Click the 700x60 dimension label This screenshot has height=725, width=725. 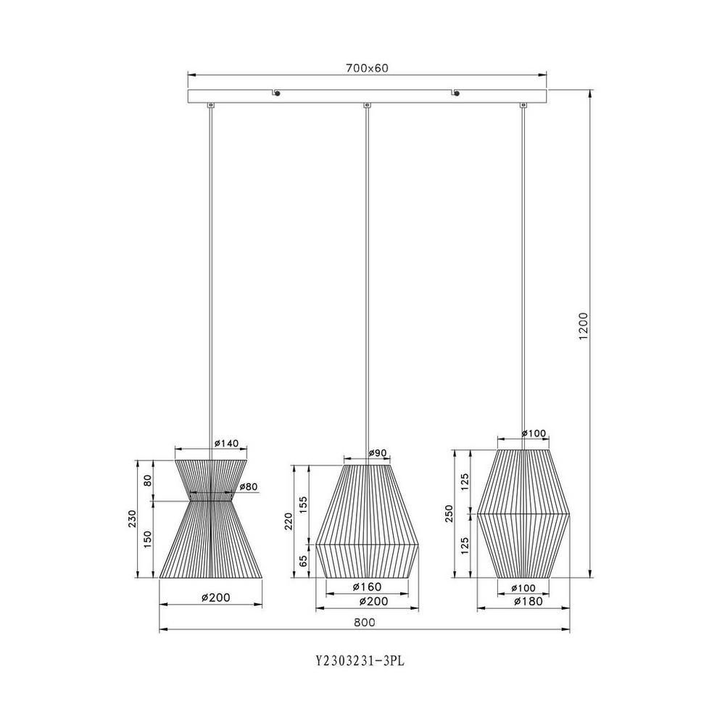coord(367,68)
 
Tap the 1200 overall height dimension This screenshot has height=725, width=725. coord(584,326)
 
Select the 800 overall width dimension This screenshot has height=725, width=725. coord(365,622)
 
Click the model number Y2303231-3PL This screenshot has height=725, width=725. coord(360,660)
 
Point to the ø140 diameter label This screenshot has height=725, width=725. coord(226,443)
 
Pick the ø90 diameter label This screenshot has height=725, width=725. coord(377,453)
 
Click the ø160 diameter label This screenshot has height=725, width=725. coord(367,587)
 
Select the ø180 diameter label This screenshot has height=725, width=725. coord(529,601)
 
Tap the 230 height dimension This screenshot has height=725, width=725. coord(133,519)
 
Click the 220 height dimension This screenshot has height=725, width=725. coord(289,521)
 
